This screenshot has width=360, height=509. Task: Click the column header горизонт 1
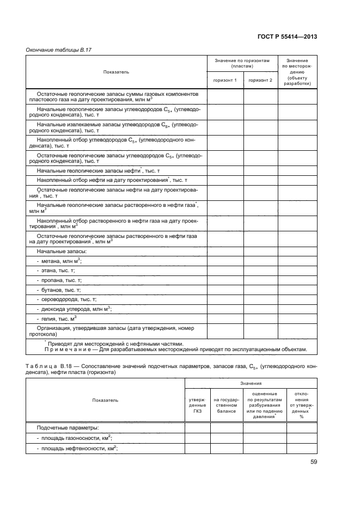(224, 81)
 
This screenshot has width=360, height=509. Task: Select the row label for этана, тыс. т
(55, 271)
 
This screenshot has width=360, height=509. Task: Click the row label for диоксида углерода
(73, 309)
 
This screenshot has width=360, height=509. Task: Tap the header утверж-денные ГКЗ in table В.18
(197, 405)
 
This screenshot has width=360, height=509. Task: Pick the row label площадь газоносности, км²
(74, 438)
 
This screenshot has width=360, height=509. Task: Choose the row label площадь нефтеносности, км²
(76, 448)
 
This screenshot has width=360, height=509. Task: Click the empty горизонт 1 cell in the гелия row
(224, 318)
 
